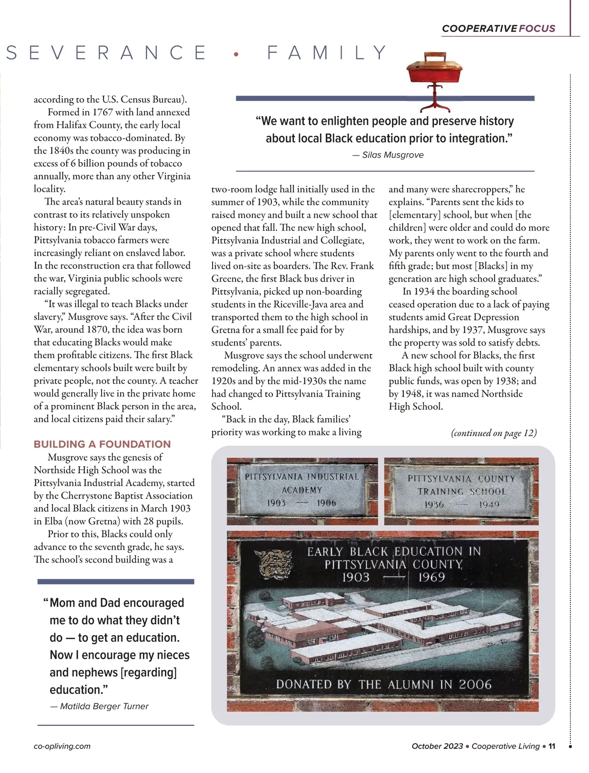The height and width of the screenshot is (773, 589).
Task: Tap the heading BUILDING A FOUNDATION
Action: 102,444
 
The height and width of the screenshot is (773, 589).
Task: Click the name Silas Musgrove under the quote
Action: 393,155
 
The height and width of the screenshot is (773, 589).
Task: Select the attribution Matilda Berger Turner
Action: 104,706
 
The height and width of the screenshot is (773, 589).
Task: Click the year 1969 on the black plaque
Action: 431,577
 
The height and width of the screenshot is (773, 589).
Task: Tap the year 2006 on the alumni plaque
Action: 475,684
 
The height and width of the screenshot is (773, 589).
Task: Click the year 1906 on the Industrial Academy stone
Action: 326,503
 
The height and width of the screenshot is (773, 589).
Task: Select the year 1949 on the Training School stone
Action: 489,505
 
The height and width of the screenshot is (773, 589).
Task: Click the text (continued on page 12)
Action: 494,432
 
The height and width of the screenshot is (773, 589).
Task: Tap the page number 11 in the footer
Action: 552,746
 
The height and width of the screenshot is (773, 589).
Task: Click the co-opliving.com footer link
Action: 62,746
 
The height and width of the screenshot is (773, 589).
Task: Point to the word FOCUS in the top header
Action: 537,28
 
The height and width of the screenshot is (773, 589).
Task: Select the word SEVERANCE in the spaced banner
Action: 107,53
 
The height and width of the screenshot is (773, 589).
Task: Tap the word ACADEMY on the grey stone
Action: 302,490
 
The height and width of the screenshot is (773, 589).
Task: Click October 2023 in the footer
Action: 437,746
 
